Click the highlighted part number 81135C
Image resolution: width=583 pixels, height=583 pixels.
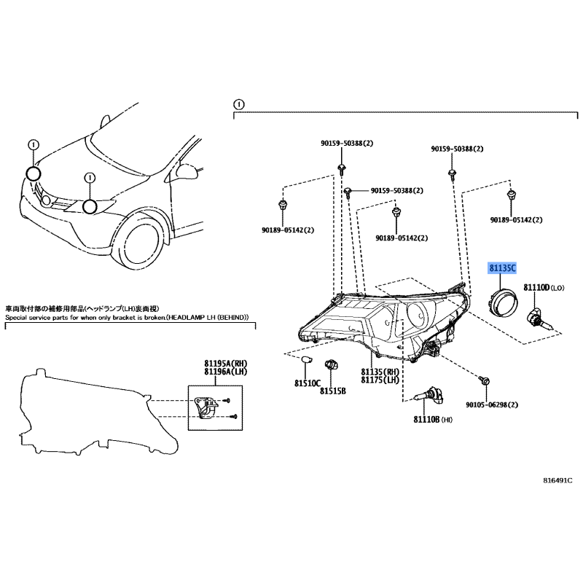pos(502,267)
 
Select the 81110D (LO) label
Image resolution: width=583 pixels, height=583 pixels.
pos(544,287)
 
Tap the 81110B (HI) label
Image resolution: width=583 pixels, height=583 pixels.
pos(433,420)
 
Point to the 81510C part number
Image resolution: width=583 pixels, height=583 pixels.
pos(307,383)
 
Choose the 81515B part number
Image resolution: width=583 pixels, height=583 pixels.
pos(333,391)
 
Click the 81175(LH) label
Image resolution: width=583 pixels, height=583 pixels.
pos(380,380)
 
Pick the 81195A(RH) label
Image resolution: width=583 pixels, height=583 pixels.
pos(225,363)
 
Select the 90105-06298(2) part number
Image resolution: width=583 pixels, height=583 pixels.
pos(492,404)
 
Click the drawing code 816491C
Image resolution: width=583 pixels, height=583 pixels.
pos(557,480)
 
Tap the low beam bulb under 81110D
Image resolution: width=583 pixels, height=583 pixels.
pos(539,321)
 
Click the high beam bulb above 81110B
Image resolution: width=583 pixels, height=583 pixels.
pos(429,396)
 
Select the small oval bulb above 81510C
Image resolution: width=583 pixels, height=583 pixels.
pos(306,359)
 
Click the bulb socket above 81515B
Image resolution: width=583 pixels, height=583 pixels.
pos(331,364)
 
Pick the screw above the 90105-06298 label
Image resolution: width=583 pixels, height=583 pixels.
pos(485,380)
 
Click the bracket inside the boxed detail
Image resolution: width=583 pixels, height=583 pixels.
pos(206,408)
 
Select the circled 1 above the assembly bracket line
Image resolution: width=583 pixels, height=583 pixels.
pos(239,104)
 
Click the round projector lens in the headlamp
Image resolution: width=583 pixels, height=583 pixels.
pos(418,315)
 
